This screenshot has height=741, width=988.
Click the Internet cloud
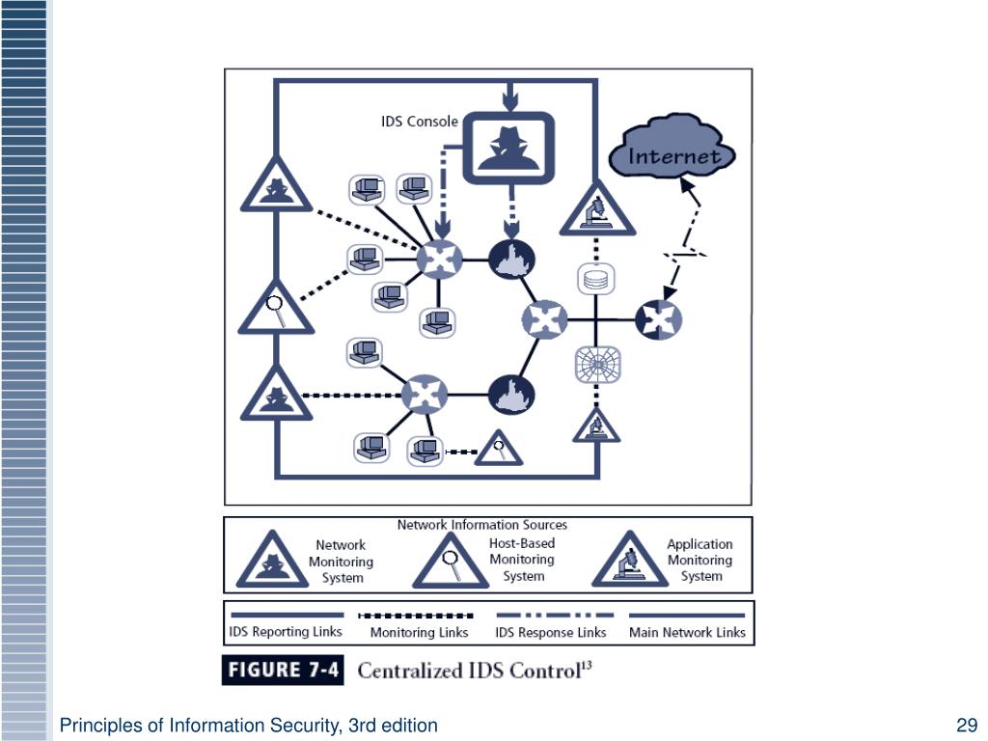pyautogui.click(x=672, y=152)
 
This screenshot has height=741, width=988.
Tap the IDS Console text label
pyautogui.click(x=420, y=123)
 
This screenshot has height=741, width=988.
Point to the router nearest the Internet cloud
pyautogui.click(x=660, y=319)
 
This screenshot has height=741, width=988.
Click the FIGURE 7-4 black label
pyautogui.click(x=283, y=671)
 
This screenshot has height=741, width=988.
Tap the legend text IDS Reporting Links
pyautogui.click(x=285, y=632)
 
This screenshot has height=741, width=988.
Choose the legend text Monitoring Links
pyautogui.click(x=420, y=633)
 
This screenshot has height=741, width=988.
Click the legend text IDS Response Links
pyautogui.click(x=551, y=633)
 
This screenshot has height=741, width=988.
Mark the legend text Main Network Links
pyautogui.click(x=687, y=633)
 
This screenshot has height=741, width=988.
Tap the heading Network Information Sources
pyautogui.click(x=482, y=525)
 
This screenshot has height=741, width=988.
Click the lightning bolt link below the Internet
pyautogui.click(x=684, y=254)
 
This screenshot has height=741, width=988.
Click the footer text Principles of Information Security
pyautogui.click(x=249, y=726)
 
